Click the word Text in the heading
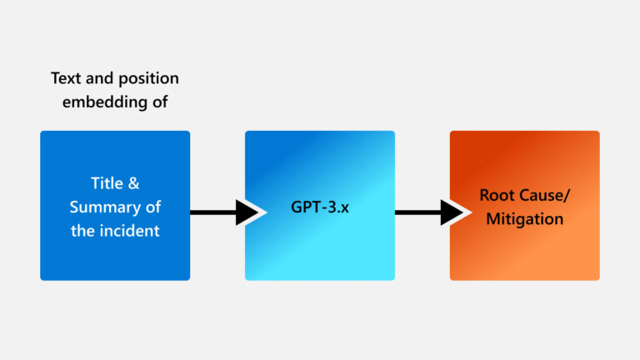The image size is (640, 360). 65,78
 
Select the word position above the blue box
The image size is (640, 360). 144,78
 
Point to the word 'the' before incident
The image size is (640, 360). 82,231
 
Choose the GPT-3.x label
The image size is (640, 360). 320,207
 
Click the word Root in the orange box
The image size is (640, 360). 496,195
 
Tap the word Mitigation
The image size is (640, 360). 525,219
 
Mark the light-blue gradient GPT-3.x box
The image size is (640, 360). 320,250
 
